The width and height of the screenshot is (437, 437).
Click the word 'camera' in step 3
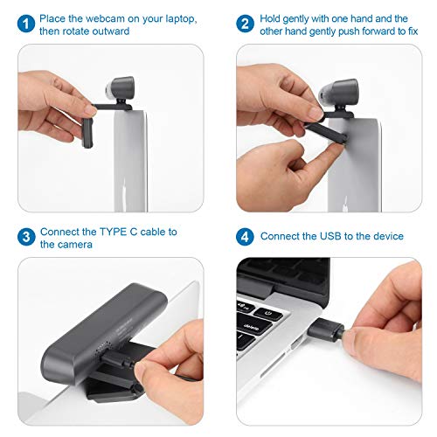click(x=79, y=245)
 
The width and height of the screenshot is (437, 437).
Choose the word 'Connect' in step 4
click(x=281, y=236)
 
